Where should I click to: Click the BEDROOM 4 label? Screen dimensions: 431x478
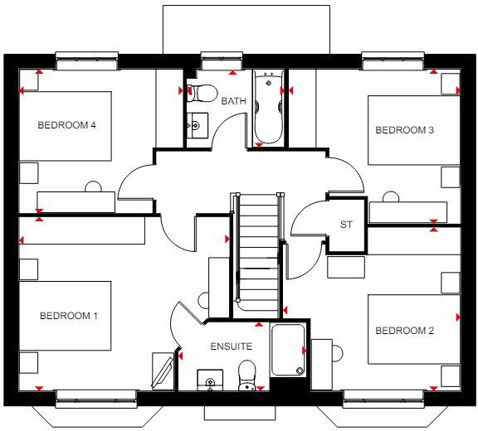click(67, 126)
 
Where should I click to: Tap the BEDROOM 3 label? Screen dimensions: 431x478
click(405, 130)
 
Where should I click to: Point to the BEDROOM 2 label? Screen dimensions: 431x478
click(405, 331)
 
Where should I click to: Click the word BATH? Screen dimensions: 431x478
click(232, 101)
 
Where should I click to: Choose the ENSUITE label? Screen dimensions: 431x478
click(232, 346)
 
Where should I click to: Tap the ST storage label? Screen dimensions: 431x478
click(347, 225)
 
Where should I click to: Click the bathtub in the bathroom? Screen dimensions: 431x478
click(268, 108)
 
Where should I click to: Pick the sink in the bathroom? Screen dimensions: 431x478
click(195, 126)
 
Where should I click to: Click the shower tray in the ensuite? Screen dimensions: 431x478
click(288, 348)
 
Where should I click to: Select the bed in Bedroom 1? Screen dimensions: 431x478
click(65, 316)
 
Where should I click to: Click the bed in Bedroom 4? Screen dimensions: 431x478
click(63, 126)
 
